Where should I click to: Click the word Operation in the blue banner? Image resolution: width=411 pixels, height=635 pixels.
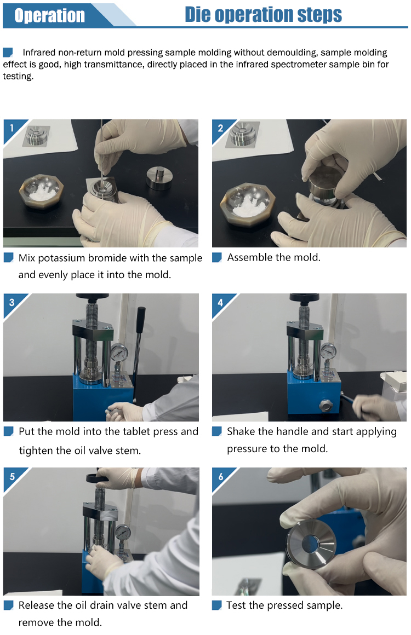click(49, 15)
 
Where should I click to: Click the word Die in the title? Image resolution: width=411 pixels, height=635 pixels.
click(198, 14)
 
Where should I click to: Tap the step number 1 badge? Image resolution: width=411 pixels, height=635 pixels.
click(12, 128)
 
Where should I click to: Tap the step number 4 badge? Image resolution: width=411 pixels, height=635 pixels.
click(220, 303)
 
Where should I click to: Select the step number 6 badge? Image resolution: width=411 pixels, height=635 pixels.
click(220, 477)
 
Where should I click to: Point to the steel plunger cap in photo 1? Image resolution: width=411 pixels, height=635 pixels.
click(159, 178)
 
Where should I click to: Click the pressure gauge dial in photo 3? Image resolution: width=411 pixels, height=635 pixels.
click(119, 353)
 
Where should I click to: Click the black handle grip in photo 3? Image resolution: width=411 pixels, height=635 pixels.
click(140, 320)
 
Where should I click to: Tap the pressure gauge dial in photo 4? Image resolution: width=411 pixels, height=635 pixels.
click(328, 351)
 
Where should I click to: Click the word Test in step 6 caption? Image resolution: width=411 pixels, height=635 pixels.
click(236, 605)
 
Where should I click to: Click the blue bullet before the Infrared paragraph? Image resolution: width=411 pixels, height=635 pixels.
click(8, 52)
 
